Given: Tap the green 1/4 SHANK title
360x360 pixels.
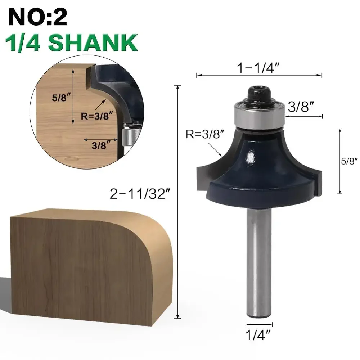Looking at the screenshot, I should [71, 43].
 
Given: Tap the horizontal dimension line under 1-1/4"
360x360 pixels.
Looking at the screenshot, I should [259, 75].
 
